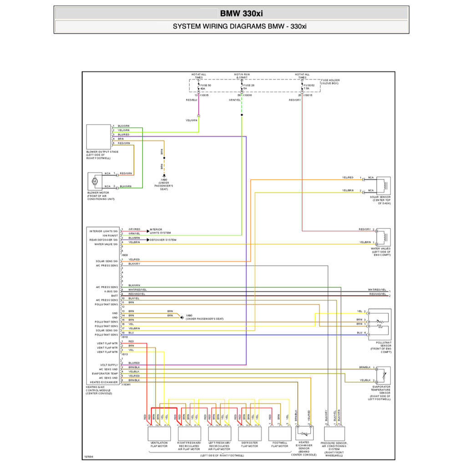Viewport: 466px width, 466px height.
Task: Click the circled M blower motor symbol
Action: point(95,181)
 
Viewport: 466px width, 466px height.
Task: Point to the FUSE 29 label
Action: point(249,85)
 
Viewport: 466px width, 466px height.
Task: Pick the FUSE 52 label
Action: point(309,85)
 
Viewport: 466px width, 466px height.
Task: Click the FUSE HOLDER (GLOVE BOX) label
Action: point(330,82)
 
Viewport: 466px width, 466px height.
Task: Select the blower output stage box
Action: point(99,137)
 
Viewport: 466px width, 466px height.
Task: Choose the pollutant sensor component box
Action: point(380,324)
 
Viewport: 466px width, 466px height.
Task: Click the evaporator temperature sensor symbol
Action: point(382,375)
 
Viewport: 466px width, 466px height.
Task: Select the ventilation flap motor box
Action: point(159,433)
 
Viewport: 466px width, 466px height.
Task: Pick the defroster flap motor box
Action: point(249,433)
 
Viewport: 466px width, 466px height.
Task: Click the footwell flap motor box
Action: point(279,433)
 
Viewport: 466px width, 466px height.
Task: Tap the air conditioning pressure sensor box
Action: point(334,433)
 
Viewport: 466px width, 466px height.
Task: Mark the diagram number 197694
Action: point(89,455)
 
